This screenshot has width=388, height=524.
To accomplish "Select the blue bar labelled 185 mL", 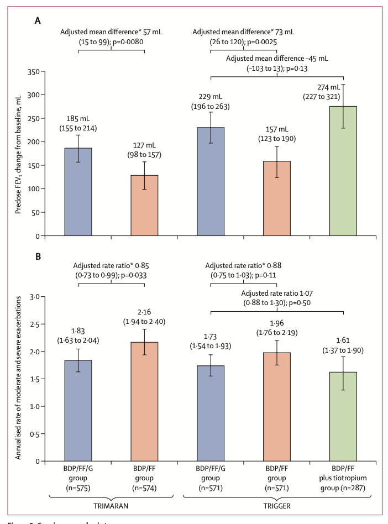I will [78, 191].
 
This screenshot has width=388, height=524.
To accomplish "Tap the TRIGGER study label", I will [277, 506].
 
